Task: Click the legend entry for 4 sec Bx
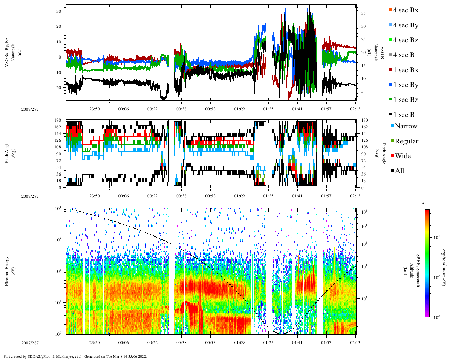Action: (406, 10)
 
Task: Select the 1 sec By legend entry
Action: (406, 85)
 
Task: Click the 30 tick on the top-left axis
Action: (59, 11)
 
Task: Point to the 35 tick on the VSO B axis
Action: (363, 13)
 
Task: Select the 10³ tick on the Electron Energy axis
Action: (58, 240)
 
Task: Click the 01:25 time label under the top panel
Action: (268, 109)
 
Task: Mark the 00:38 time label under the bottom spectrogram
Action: (181, 342)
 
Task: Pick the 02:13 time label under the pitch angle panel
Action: (355, 196)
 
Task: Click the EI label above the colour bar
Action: (424, 203)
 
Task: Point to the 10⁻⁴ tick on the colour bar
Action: (437, 238)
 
